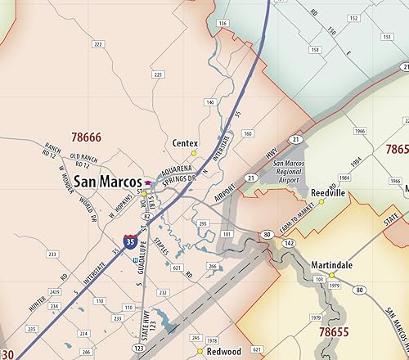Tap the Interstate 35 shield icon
(x=131, y=241)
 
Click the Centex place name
(x=186, y=142)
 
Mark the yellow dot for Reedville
(x=321, y=202)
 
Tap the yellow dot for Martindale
(x=332, y=277)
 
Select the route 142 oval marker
(x=289, y=245)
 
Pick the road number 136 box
(x=222, y=25)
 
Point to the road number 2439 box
(x=54, y=291)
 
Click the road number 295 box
(x=202, y=223)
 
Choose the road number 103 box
(x=318, y=280)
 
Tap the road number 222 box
(x=99, y=44)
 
